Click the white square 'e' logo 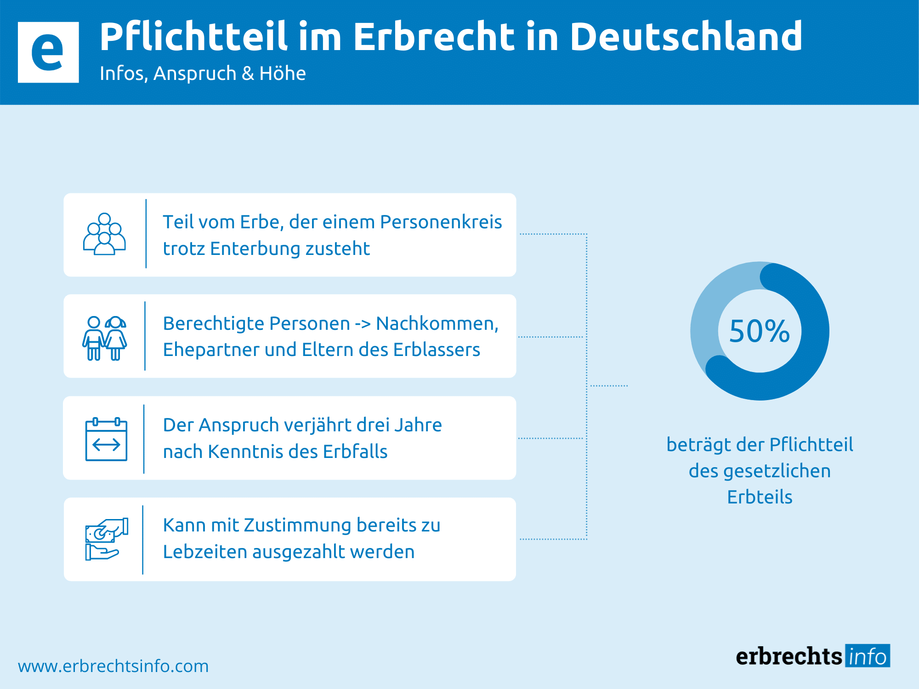(x=48, y=52)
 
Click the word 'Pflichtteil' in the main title (x=193, y=37)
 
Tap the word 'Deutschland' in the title (x=686, y=37)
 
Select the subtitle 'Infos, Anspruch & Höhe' (x=203, y=73)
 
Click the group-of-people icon (x=104, y=234)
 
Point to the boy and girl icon (x=104, y=338)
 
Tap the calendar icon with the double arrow (x=106, y=440)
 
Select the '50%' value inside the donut (x=760, y=331)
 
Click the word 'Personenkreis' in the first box (x=441, y=222)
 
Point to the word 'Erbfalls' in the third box (x=355, y=452)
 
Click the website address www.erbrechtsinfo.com (x=113, y=666)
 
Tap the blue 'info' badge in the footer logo (x=867, y=656)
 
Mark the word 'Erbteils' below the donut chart (x=760, y=497)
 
